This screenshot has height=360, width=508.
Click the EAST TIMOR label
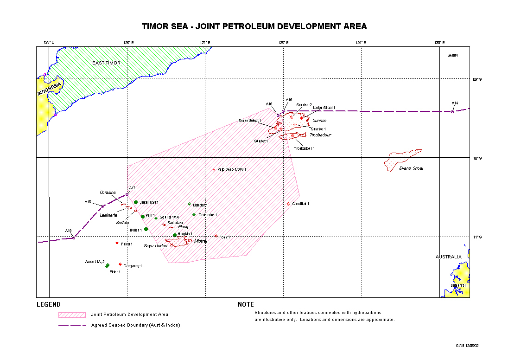point(106,63)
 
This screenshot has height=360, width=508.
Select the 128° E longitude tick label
point(283,43)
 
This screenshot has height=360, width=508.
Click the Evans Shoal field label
point(411,168)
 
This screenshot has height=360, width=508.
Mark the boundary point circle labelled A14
point(452,111)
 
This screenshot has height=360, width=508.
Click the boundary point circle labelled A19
point(74,238)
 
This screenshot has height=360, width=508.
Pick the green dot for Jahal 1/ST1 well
point(136,202)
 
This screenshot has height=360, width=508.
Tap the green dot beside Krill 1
point(143,217)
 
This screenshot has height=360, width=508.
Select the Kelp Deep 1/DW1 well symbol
point(214,170)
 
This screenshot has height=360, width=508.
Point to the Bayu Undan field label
point(155,246)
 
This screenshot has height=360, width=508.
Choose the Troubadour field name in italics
point(320,135)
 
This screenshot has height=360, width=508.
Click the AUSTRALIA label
point(448,257)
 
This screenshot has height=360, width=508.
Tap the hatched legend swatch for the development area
point(72,315)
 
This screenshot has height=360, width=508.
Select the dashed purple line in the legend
point(72,325)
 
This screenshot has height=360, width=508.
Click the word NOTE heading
point(246,305)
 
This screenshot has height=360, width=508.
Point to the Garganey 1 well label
point(133,266)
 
